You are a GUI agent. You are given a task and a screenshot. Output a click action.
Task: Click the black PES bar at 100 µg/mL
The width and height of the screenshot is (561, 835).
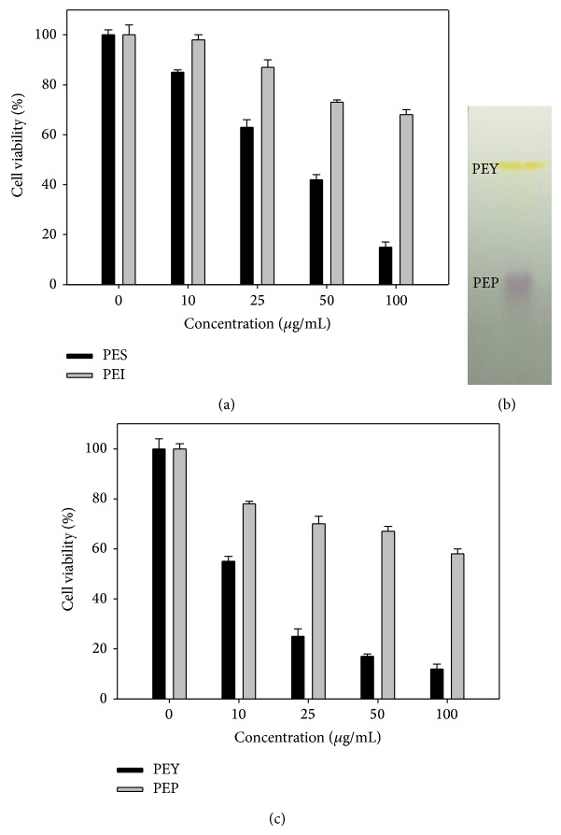point(386,265)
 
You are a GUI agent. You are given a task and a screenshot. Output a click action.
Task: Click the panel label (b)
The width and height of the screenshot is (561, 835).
point(506,404)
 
